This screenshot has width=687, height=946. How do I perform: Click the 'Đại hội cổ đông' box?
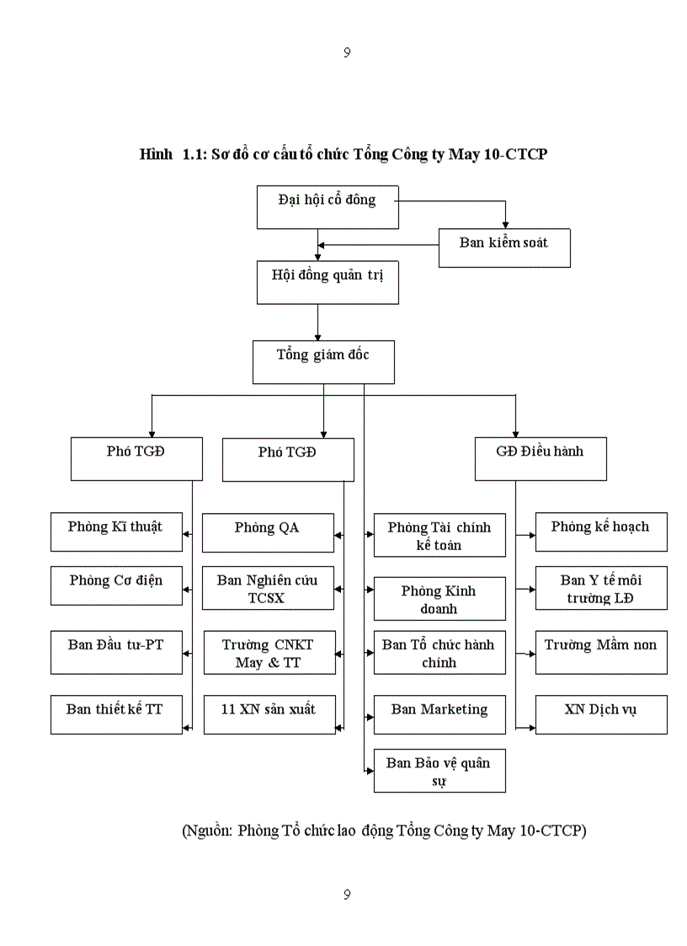[328, 206]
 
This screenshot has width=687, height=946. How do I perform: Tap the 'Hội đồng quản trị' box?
[328, 282]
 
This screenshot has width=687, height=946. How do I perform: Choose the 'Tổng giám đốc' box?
[323, 362]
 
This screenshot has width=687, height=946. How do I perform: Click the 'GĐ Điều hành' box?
[541, 459]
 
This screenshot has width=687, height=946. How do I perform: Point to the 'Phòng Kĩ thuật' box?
[116, 532]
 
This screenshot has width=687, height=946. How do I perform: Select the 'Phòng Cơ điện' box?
[116, 585]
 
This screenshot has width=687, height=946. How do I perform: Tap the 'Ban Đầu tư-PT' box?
[116, 652]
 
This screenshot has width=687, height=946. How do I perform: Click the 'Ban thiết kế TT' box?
[116, 714]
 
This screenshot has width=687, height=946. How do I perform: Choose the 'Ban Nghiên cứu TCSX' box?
[268, 587]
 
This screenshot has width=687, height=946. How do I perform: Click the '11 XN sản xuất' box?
[268, 714]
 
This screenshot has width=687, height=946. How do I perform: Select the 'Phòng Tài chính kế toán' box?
[439, 536]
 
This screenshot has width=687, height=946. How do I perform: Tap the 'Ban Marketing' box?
[439, 714]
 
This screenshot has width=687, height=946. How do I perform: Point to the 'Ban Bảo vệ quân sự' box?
[439, 771]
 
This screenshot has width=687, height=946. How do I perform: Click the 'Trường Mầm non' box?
[601, 652]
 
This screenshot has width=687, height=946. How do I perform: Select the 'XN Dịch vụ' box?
[601, 714]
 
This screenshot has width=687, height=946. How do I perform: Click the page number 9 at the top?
[347, 52]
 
